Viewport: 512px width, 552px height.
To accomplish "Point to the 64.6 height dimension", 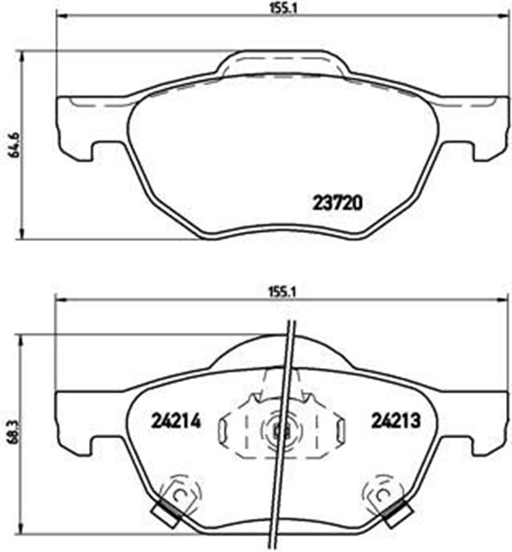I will [x=12, y=143].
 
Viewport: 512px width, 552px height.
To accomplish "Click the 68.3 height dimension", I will [x=12, y=430].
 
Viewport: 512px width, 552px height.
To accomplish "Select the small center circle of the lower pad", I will [x=278, y=429].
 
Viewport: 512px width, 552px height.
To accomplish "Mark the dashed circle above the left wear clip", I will [x=180, y=492].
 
